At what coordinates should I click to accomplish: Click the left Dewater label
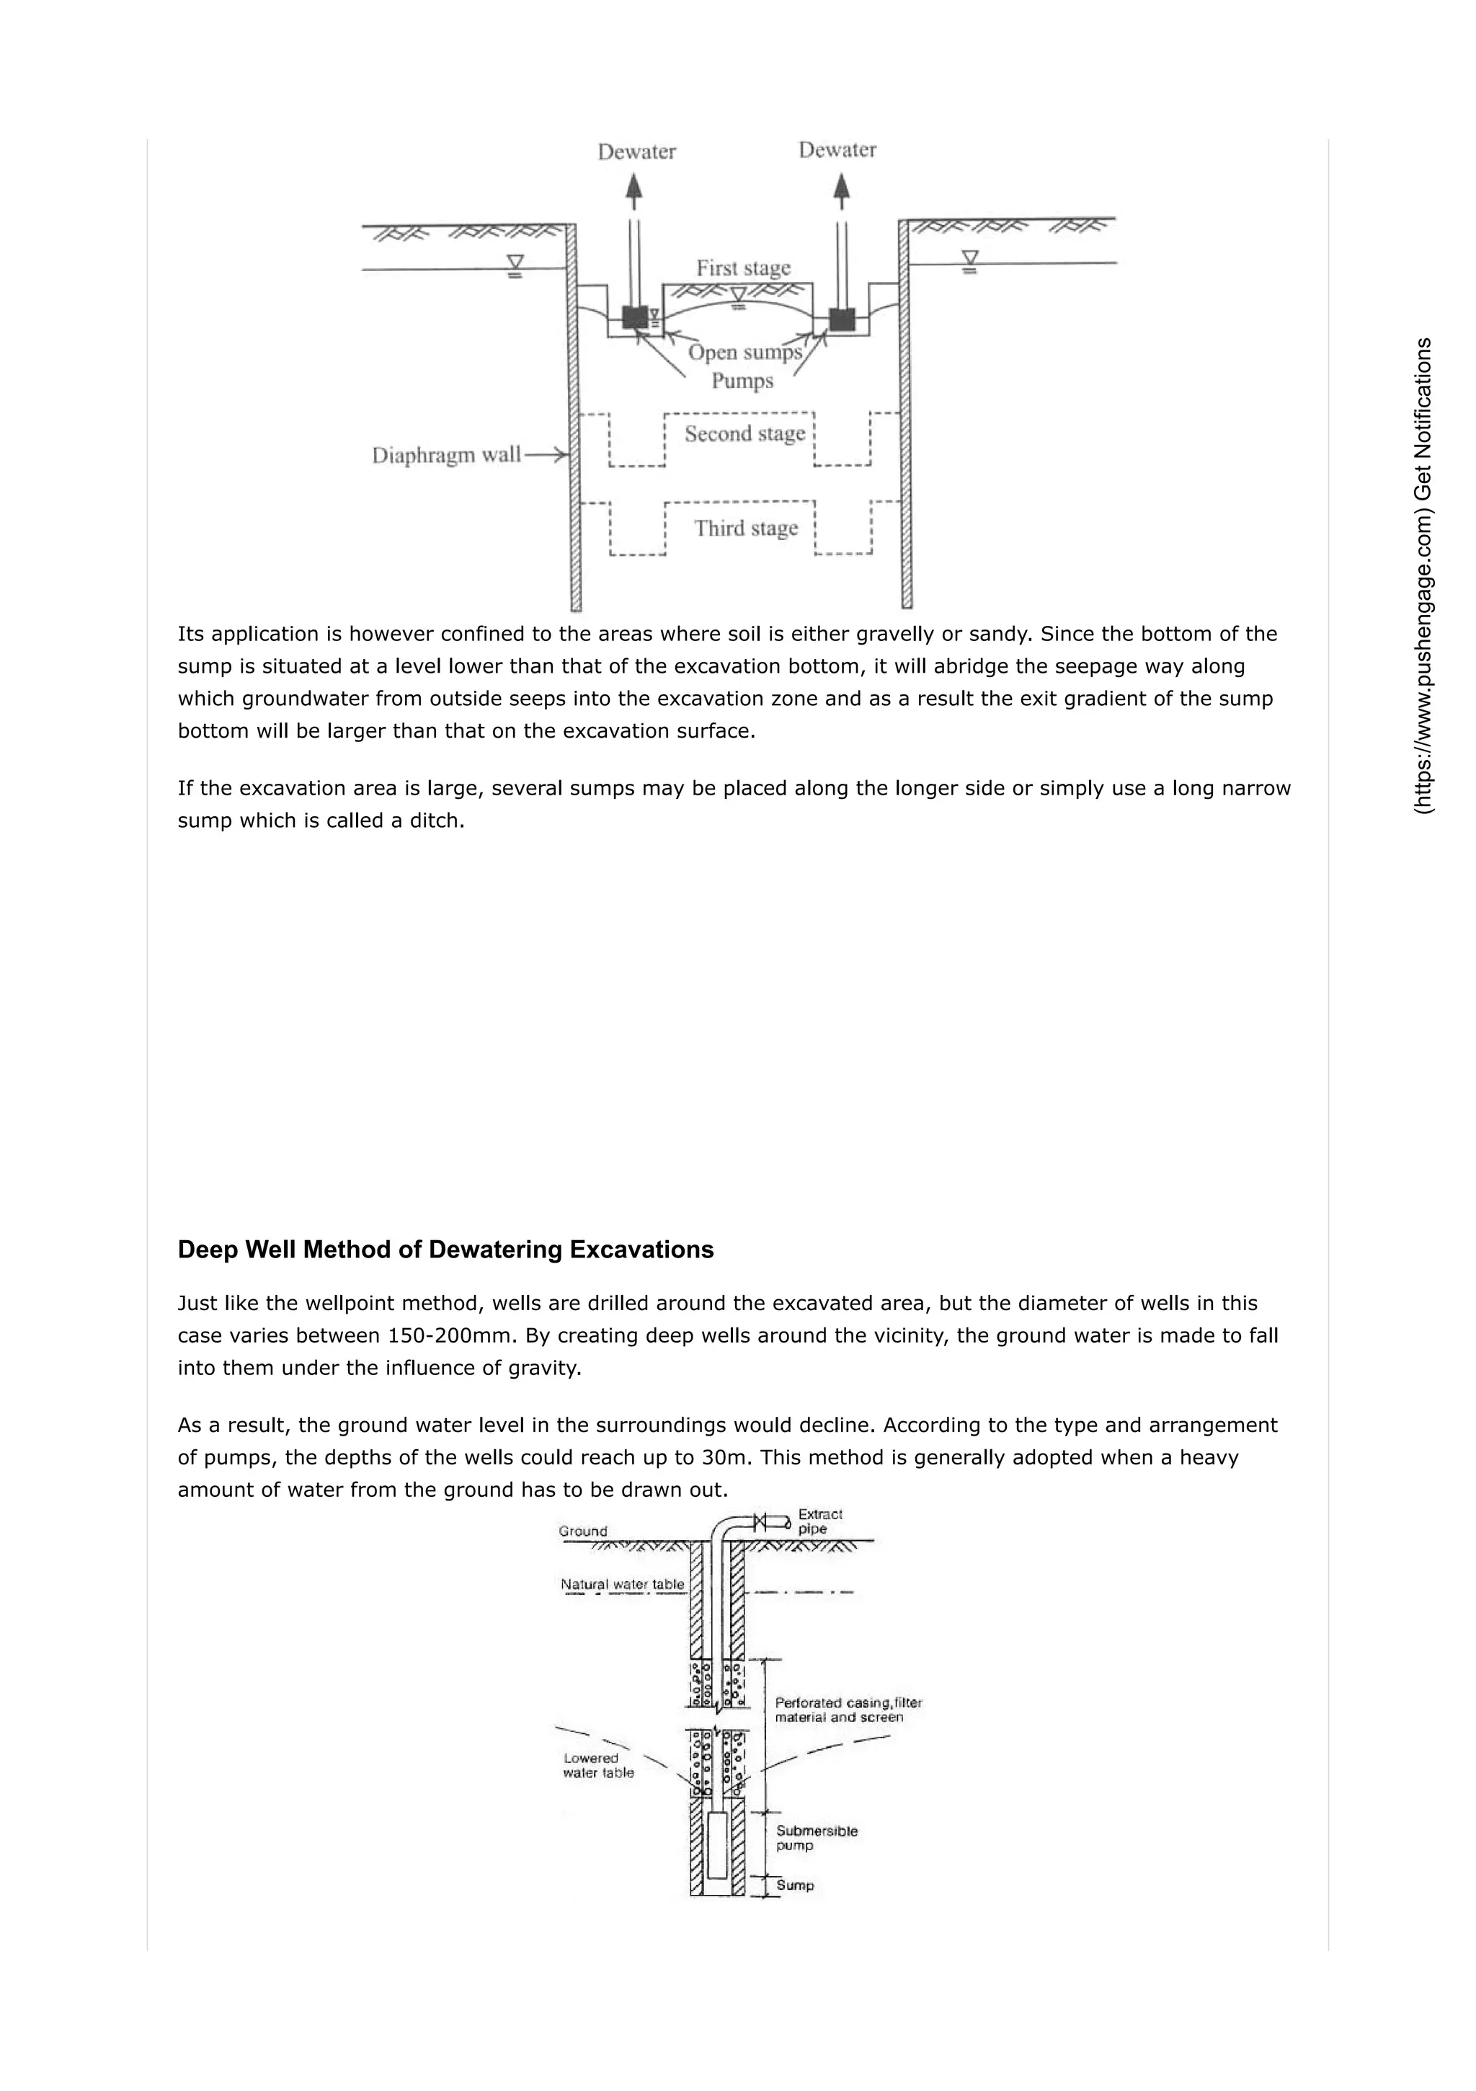point(636,152)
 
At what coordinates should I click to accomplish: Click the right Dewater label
point(837,150)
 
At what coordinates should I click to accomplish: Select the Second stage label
point(744,433)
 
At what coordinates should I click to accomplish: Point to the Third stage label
point(746,529)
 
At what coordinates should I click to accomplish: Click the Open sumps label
point(744,353)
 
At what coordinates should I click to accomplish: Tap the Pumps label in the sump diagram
point(742,381)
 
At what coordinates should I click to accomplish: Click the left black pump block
point(635,317)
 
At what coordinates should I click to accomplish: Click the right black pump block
point(843,319)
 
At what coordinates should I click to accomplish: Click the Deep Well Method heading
point(445,1250)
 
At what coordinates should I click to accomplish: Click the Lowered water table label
point(597,1765)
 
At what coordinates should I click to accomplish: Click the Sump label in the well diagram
point(795,1886)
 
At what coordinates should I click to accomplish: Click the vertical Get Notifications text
point(1424,575)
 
